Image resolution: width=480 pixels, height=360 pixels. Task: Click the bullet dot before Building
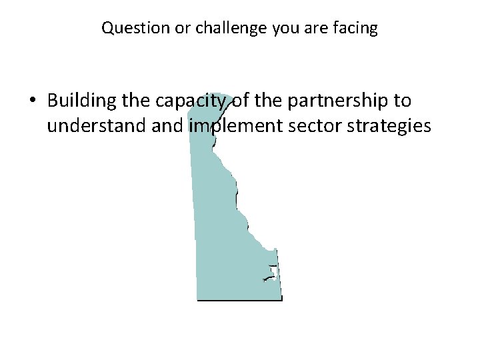coord(33,101)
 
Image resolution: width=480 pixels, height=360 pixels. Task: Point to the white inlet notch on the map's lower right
coord(271,271)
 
